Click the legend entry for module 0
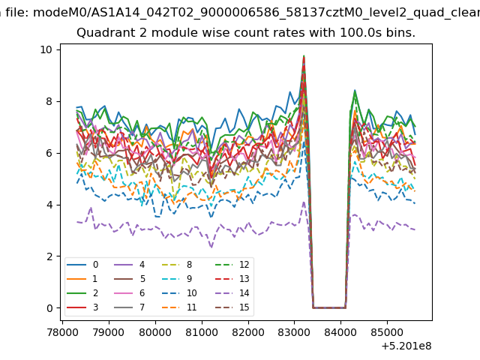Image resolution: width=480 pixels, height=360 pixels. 82,265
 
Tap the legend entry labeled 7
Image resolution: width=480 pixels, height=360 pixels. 129,307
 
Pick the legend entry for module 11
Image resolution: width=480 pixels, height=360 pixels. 180,307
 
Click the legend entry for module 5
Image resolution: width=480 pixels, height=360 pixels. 129,278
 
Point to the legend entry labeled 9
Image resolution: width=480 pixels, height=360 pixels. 178,278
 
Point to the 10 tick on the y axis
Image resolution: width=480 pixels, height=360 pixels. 46,49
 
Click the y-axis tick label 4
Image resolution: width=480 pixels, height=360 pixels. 49,205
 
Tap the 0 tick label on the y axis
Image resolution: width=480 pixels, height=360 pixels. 49,308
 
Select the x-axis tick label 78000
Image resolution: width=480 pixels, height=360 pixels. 62,332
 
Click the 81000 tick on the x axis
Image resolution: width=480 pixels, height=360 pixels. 202,332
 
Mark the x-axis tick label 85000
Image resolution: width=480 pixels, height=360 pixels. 387,332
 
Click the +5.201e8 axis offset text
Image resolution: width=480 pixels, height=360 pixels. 406,346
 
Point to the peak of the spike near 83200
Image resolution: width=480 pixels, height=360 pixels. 304,56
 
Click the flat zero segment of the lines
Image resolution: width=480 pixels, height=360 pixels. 329,307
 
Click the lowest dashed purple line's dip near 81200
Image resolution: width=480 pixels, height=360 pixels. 211,247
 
